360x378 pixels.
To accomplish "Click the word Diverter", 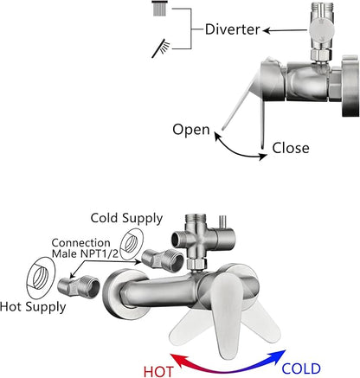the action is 233,29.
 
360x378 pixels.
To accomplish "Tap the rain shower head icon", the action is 159,8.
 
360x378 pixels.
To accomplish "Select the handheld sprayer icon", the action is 161,48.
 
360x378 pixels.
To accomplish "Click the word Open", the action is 191,130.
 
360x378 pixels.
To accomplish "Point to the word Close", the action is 291,148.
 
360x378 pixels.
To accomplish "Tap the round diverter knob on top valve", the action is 321,29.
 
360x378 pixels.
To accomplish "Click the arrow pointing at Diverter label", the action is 286,30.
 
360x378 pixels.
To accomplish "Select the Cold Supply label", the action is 126,219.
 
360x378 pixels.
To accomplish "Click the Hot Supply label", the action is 33,307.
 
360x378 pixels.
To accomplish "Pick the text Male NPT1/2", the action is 85,253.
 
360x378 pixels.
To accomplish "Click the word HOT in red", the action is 158,371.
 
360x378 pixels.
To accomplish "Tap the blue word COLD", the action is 301,368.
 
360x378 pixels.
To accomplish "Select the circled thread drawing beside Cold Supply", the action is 132,244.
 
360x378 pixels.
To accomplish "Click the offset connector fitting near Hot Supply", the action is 79,286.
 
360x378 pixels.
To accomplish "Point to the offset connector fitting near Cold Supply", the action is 163,260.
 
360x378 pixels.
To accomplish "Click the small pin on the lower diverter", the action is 222,222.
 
